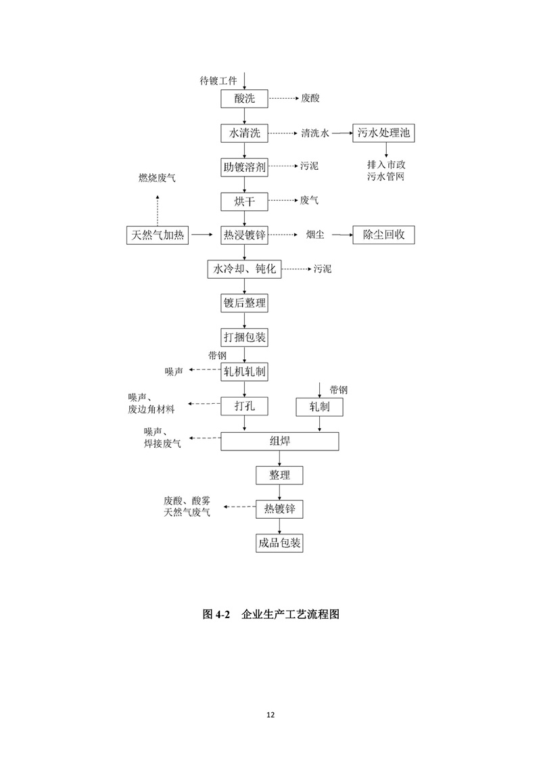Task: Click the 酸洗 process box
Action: (244, 99)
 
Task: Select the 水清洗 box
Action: (244, 133)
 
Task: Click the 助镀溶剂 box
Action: (244, 166)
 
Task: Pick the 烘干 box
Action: (244, 201)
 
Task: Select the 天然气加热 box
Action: (158, 235)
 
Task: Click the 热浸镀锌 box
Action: (244, 235)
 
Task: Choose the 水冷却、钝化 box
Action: (244, 269)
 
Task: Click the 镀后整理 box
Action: (244, 304)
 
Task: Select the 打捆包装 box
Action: (244, 336)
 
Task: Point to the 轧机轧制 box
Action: (244, 371)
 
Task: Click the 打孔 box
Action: (244, 406)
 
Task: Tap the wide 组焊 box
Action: (280, 441)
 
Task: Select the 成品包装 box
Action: (279, 542)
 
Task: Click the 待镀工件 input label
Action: (218, 80)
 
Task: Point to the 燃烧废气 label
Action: (157, 178)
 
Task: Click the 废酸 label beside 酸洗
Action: (310, 99)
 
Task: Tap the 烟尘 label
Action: (314, 235)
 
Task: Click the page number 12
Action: (270, 714)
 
